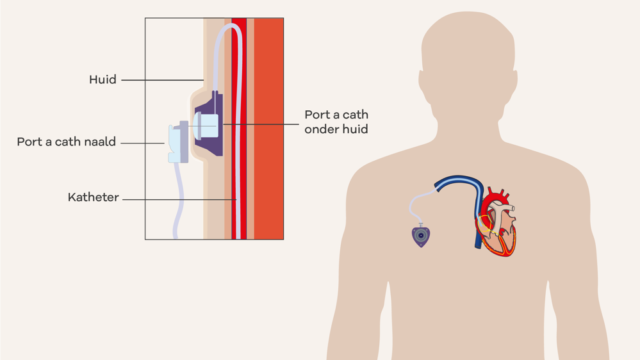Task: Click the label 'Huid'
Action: pyautogui.click(x=103, y=79)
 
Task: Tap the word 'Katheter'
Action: pyautogui.click(x=94, y=197)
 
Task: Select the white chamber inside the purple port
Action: pyautogui.click(x=209, y=126)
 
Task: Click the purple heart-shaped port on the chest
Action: pyautogui.click(x=421, y=236)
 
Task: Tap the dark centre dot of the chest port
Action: pyautogui.click(x=421, y=236)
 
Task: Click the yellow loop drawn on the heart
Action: pyautogui.click(x=485, y=224)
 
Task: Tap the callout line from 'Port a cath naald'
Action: pyautogui.click(x=142, y=143)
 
